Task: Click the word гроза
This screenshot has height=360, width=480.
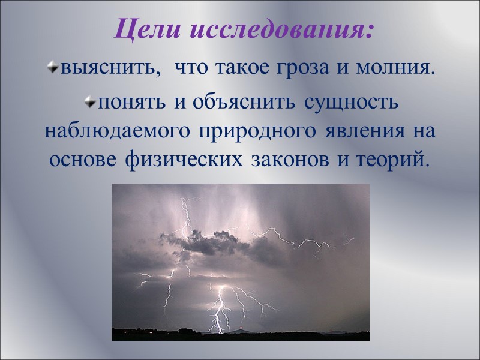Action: [x=303, y=68]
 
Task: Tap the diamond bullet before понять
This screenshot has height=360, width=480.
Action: [x=90, y=101]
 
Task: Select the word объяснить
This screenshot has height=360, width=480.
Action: [x=244, y=101]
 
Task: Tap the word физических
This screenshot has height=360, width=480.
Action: [x=184, y=160]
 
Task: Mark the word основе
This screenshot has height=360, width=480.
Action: [x=83, y=160]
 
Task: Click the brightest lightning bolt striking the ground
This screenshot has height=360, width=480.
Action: [x=218, y=309]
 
